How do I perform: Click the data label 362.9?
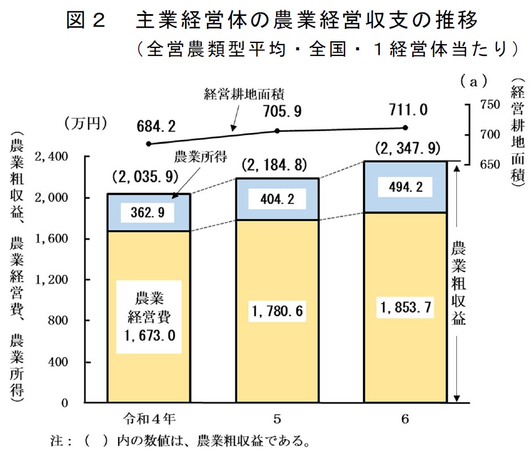coord(148,213)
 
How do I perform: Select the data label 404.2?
coord(277,198)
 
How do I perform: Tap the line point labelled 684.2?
coord(149,144)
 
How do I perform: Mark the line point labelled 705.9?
coord(277,131)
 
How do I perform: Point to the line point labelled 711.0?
coord(405,128)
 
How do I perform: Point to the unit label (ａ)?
coord(473,82)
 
